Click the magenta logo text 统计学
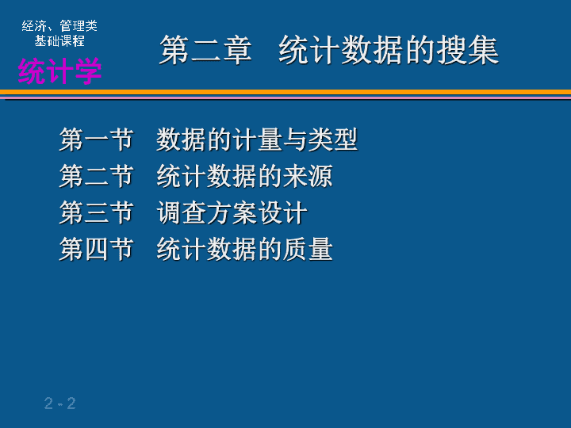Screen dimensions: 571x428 pos(59,71)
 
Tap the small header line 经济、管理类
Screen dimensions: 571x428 pos(59,26)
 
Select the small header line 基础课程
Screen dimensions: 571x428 pos(59,40)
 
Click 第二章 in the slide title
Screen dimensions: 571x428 pos(205,50)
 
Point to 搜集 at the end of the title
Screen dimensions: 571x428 pos(468,50)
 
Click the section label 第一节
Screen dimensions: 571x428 pos(96,139)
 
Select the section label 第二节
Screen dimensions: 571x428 pos(96,176)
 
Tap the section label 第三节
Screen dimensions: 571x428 pos(96,212)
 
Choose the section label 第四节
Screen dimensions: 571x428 pos(96,249)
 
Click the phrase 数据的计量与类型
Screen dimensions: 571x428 pos(257,139)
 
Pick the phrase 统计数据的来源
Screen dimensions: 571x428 pos(245,176)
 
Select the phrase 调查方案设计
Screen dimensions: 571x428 pos(232,212)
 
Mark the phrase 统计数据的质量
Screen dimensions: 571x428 pos(245,249)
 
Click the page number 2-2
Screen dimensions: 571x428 pos(60,403)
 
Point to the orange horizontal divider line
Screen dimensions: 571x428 pos(285,92)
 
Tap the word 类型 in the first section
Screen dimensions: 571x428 pos(333,139)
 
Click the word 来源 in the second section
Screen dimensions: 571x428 pos(308,176)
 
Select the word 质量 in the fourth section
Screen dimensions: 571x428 pos(308,249)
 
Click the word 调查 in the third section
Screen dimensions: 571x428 pos(182,212)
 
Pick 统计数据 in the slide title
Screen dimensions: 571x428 pos(341,50)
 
